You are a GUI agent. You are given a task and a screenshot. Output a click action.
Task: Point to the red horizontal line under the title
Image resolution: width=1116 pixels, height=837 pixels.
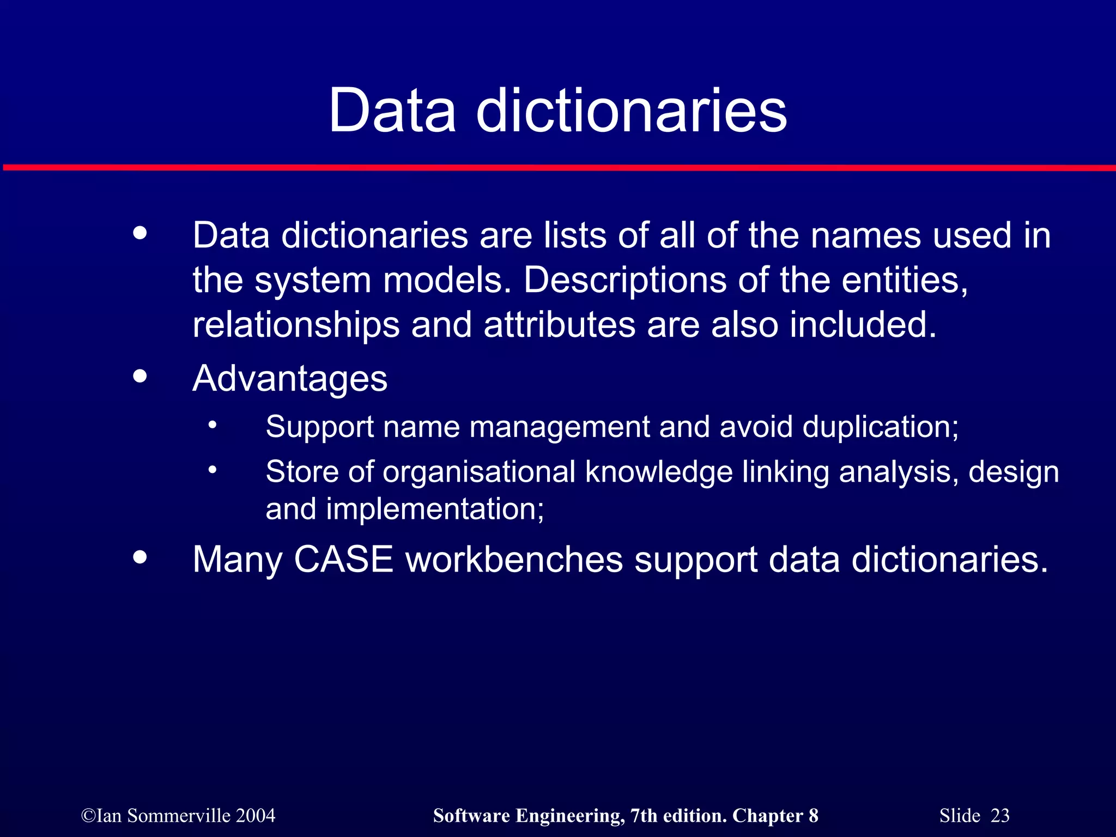558,167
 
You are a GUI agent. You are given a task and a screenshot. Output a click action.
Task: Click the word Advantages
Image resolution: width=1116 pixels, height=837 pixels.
290,378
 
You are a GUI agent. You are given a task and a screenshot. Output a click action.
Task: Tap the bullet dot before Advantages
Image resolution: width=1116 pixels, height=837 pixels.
140,376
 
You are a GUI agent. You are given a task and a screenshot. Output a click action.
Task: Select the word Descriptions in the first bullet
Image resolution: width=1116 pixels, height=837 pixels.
625,280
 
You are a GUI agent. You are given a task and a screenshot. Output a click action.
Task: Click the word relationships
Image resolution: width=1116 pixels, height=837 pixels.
296,325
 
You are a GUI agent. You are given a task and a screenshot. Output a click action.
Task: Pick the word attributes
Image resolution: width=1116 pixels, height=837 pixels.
560,325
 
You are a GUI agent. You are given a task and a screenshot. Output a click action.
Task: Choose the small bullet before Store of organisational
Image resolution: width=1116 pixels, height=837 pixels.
213,469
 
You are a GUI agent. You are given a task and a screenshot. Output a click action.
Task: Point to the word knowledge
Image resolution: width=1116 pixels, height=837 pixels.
659,472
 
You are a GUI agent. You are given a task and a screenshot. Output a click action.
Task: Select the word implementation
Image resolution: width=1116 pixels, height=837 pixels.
435,510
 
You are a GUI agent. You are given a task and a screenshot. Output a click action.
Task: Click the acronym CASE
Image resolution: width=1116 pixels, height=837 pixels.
343,560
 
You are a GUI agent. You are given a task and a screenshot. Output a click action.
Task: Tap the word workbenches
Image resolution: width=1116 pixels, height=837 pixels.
514,560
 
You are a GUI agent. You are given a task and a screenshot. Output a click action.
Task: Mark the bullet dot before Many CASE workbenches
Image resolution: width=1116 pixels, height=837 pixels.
140,557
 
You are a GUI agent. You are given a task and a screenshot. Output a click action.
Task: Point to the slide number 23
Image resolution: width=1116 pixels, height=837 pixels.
1000,816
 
